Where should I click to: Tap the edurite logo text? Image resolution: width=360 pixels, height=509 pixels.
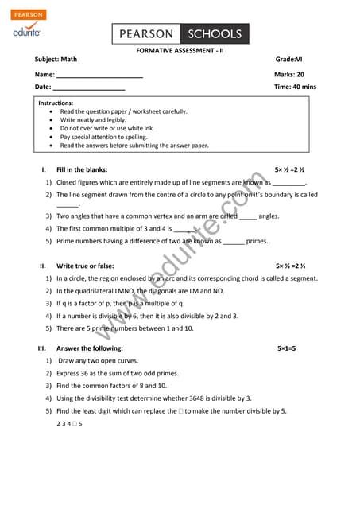coord(27,32)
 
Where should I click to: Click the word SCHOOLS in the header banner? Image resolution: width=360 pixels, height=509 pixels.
coord(214,34)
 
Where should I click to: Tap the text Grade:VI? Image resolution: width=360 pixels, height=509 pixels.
coord(289,60)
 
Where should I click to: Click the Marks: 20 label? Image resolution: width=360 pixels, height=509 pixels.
coord(289,74)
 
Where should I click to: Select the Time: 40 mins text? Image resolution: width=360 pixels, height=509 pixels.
coord(295,87)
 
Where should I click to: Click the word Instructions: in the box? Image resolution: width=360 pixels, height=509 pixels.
coord(56,103)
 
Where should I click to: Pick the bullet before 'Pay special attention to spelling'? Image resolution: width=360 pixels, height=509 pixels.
coord(52,137)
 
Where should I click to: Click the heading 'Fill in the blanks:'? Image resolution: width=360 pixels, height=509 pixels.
coord(82,169)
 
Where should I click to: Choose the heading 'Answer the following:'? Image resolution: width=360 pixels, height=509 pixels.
coord(90,348)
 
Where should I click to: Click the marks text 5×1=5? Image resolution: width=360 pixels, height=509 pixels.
coord(286,348)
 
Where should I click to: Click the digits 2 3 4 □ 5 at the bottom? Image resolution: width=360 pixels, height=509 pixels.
coord(70,424)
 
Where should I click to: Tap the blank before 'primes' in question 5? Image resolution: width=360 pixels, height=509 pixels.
coord(233,242)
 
